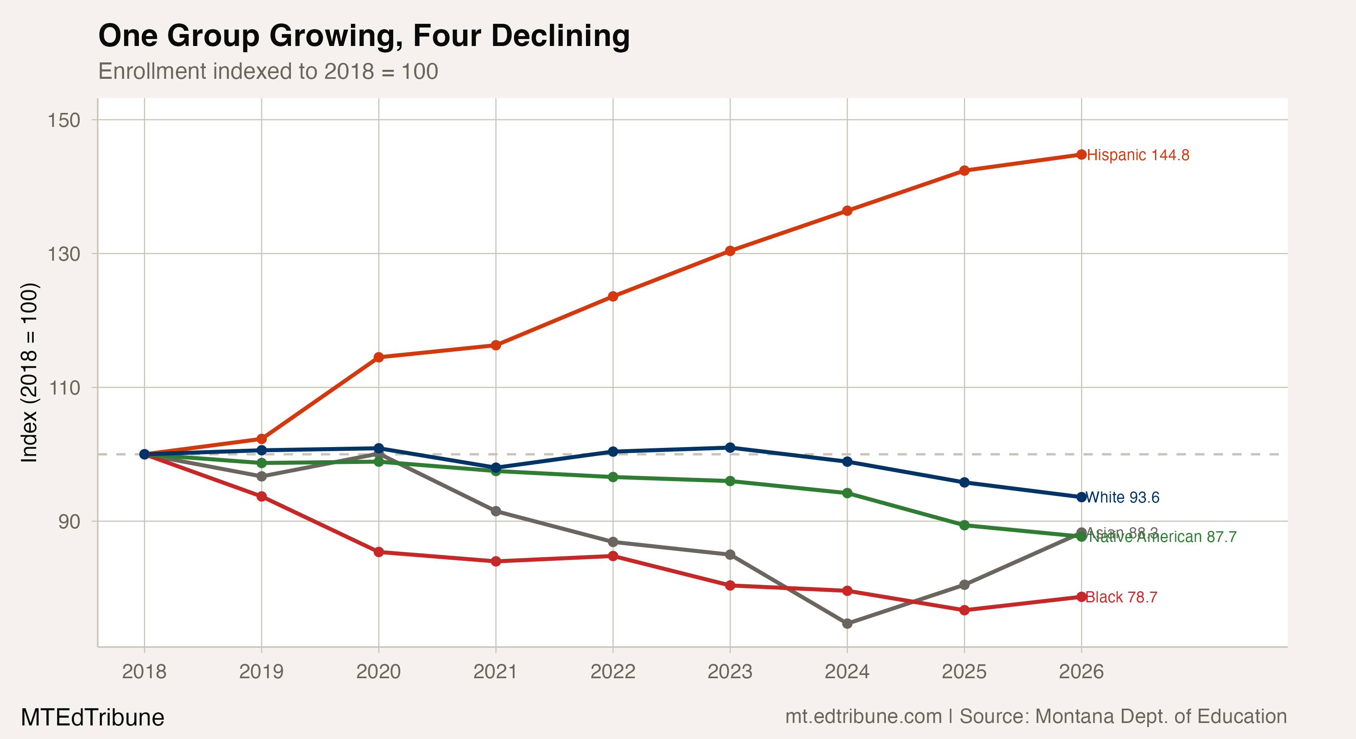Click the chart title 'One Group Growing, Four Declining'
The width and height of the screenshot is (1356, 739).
pos(364,36)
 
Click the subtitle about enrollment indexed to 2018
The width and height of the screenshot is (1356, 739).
pos(268,71)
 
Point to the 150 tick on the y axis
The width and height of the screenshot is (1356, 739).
pos(64,120)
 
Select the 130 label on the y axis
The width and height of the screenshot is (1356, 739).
pos(64,254)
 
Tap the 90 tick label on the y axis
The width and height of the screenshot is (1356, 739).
pos(69,522)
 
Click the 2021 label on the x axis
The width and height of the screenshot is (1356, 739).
pos(495,672)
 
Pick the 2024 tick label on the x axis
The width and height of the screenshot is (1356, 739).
pos(847,672)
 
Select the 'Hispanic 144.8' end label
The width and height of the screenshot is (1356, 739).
pos(1138,155)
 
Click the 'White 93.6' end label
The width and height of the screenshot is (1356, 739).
pos(1122,497)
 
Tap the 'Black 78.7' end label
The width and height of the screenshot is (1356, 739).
pos(1121,597)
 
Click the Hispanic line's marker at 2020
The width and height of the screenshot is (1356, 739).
pos(378,358)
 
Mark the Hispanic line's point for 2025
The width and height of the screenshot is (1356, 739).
pos(964,170)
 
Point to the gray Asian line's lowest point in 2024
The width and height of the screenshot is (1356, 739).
pos(847,623)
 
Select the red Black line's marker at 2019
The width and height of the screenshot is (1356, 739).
pos(262,496)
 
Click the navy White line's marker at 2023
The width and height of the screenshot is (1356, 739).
pos(730,448)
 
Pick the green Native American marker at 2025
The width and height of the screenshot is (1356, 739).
pos(964,525)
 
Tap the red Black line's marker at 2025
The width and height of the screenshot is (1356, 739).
pos(964,610)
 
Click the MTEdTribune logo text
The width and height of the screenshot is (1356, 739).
pos(92,717)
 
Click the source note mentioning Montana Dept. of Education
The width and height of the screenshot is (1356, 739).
pos(1036,716)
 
